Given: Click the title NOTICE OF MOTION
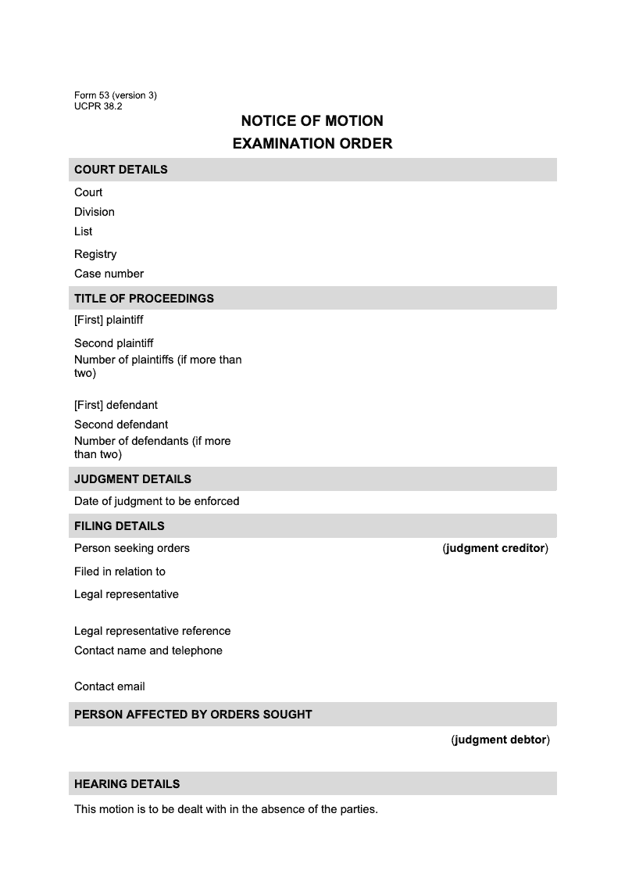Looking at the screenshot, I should (312, 121).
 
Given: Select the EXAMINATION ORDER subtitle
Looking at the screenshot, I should (312, 144).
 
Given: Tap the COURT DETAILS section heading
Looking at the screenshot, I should (121, 170).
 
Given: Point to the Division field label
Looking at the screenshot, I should (95, 212).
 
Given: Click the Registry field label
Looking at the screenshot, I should (95, 254).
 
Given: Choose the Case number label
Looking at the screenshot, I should (109, 274).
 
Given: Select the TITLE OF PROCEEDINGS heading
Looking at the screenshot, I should (144, 299).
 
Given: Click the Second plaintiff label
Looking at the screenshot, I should (113, 343).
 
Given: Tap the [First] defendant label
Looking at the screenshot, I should (116, 405).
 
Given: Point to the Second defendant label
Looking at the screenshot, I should (121, 425).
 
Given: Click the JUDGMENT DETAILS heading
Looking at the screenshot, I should (133, 479).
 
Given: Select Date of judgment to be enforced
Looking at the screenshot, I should (156, 501).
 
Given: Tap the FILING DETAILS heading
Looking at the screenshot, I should (120, 526).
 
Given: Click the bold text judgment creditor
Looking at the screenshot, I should (495, 548).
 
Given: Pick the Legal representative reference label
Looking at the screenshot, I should (152, 631).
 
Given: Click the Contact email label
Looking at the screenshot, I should (109, 686).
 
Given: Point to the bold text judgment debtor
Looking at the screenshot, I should (500, 740).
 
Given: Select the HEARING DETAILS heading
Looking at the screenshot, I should (127, 784).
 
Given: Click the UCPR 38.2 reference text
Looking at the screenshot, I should (98, 106).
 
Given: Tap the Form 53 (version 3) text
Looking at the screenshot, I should (116, 95).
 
